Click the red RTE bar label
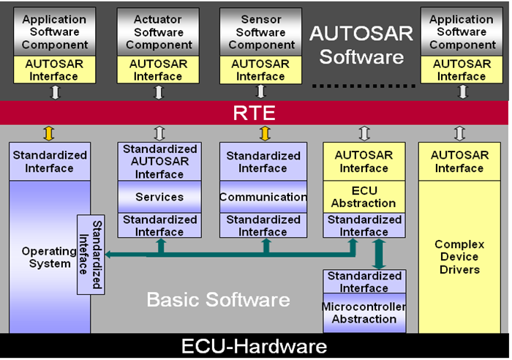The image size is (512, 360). click(x=255, y=113)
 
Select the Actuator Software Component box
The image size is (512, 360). click(x=159, y=32)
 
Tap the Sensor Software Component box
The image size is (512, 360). click(x=261, y=32)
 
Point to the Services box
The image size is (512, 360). click(x=159, y=197)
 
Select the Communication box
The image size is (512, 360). click(x=263, y=197)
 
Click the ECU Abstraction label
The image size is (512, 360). click(x=364, y=197)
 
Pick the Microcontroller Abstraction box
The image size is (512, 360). click(x=364, y=312)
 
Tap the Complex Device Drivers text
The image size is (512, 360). click(x=456, y=257)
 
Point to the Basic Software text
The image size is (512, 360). click(x=218, y=299)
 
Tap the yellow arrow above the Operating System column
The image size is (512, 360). click(x=50, y=133)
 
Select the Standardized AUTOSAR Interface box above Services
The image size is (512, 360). click(x=159, y=162)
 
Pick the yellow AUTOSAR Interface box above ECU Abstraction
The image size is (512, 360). click(x=364, y=162)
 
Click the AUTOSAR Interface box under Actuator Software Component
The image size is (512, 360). click(x=159, y=70)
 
